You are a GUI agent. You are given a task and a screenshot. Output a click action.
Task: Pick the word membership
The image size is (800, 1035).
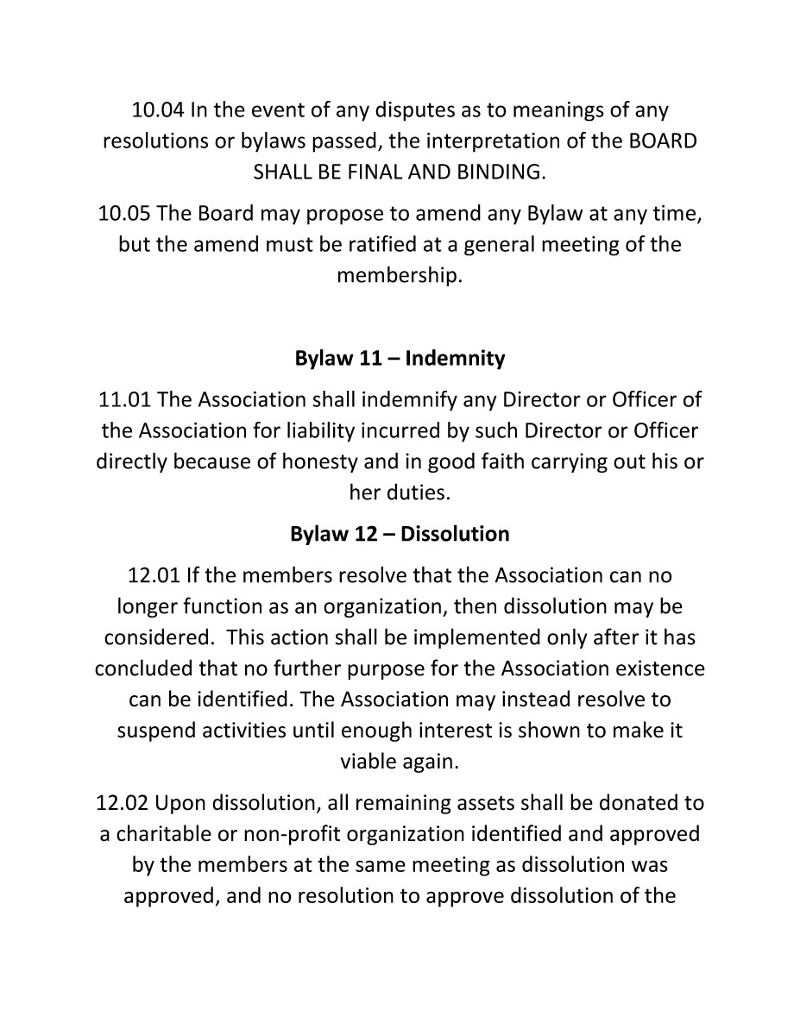pos(399,276)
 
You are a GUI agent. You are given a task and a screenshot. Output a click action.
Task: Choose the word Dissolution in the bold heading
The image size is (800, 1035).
pos(455,534)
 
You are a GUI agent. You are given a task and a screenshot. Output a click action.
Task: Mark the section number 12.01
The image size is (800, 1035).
pos(154,574)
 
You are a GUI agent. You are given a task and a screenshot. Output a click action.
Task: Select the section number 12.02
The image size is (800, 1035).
pos(123,803)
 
